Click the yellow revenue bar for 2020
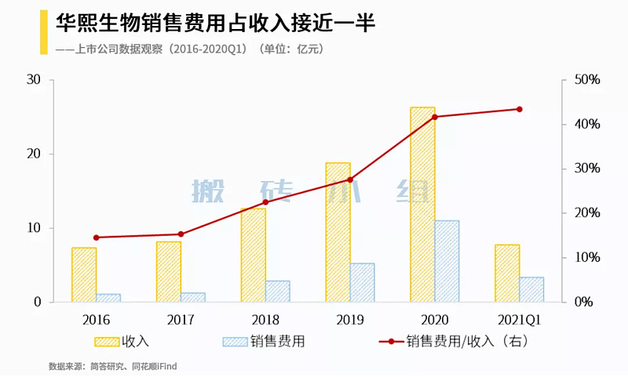point(422,204)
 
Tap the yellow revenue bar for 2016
point(84,274)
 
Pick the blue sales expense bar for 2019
point(362,282)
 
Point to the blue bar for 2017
point(192,297)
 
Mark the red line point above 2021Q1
point(519,109)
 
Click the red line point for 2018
point(265,202)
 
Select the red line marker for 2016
point(96,237)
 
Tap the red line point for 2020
point(435,117)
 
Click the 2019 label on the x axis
point(350,320)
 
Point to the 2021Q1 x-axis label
point(519,320)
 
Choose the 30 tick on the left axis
point(33,80)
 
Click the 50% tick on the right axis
point(587,80)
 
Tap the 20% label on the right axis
point(587,213)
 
